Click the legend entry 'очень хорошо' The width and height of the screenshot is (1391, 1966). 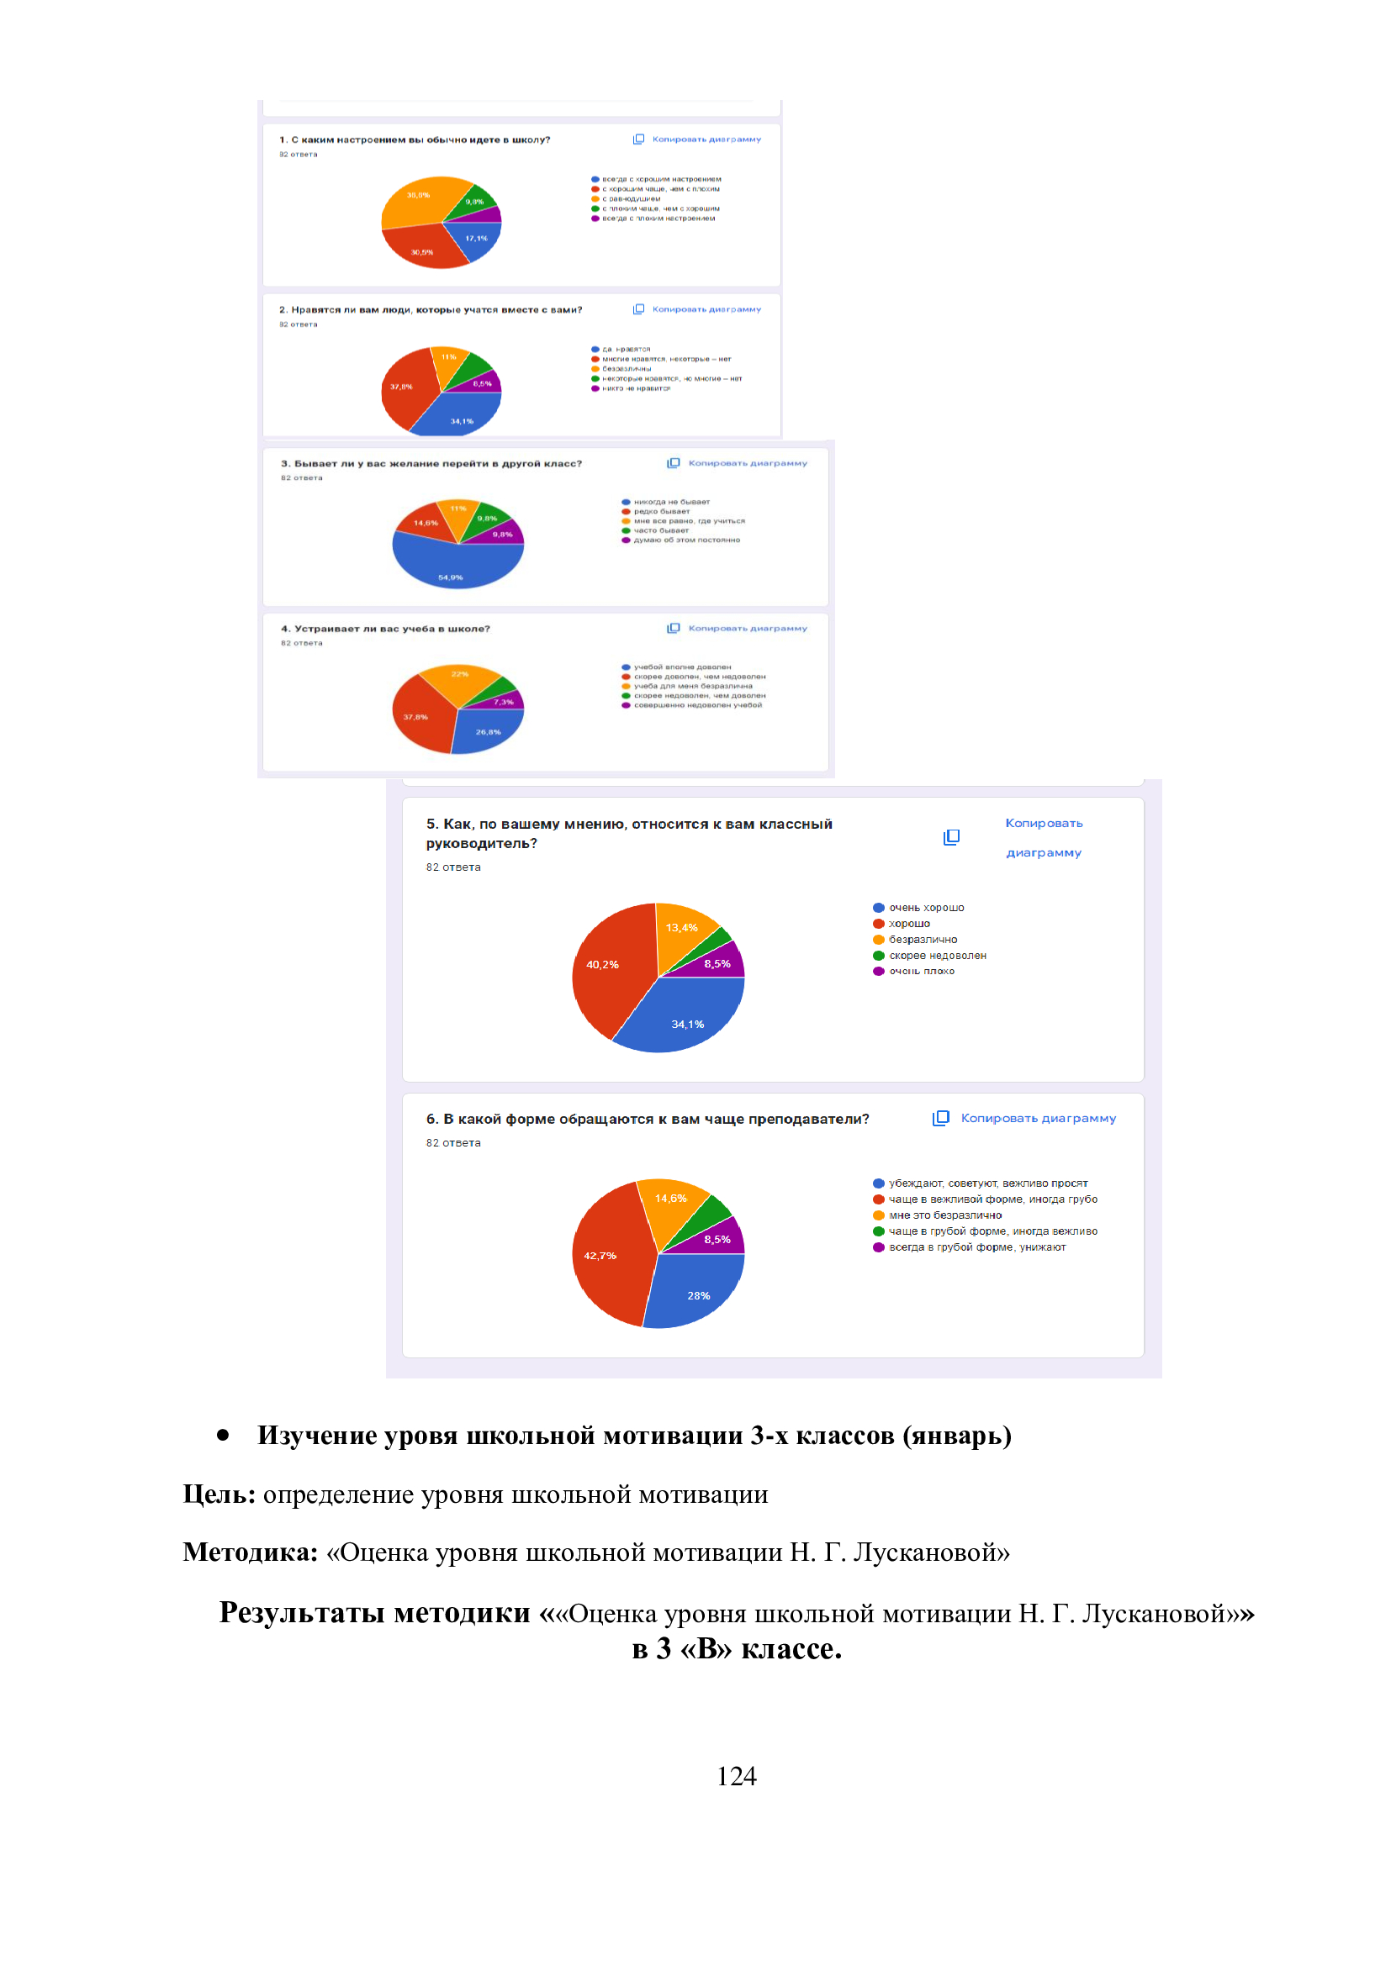(926, 908)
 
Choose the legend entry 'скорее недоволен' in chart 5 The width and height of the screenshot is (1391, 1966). (937, 956)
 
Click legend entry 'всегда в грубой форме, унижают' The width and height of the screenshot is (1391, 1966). (976, 1247)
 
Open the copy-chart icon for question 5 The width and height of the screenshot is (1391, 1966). (951, 837)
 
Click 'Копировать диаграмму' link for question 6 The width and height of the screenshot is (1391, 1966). (1037, 1118)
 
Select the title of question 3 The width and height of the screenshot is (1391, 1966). (431, 463)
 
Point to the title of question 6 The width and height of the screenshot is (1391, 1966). (648, 1119)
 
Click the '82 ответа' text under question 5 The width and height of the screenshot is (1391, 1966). (453, 867)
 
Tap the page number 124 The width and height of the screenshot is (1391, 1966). (736, 1776)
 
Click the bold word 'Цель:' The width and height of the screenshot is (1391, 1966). (219, 1494)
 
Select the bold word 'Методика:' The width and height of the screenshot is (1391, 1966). (250, 1552)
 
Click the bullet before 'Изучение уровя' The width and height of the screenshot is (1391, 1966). (223, 1435)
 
